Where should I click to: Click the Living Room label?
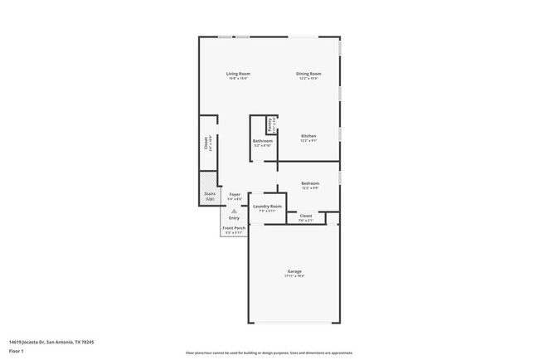pyautogui.click(x=239, y=74)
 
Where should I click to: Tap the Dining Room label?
pyautogui.click(x=308, y=74)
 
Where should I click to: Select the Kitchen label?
pyautogui.click(x=308, y=136)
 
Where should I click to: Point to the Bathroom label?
pyautogui.click(x=263, y=141)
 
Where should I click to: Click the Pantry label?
pyautogui.click(x=270, y=125)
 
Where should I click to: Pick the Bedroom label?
pyautogui.click(x=309, y=183)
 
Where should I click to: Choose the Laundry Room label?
pyautogui.click(x=267, y=206)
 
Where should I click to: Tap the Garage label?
pyautogui.click(x=294, y=271)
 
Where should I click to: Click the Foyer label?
pyautogui.click(x=235, y=194)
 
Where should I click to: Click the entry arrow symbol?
pyautogui.click(x=234, y=212)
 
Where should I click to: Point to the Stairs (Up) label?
pyautogui.click(x=209, y=197)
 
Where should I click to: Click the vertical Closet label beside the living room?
pyautogui.click(x=206, y=143)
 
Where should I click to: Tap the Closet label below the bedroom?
pyautogui.click(x=306, y=216)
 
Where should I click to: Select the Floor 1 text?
pyautogui.click(x=17, y=351)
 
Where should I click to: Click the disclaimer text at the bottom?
pyautogui.click(x=270, y=353)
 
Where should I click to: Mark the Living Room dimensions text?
pyautogui.click(x=239, y=79)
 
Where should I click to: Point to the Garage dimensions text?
pyautogui.click(x=294, y=276)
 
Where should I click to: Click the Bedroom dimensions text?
pyautogui.click(x=309, y=188)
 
